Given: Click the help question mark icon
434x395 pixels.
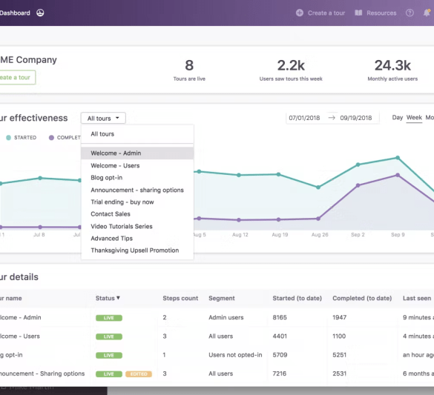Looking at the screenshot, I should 410,13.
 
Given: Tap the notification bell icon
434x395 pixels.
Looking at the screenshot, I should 427,13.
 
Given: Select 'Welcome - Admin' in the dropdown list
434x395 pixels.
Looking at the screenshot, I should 116,153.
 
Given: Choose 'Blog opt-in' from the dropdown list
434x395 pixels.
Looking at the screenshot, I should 107,178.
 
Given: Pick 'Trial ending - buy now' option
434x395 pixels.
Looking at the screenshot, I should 122,202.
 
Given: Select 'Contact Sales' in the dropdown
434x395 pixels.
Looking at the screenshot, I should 111,214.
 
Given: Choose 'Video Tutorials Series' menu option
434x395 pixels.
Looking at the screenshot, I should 122,226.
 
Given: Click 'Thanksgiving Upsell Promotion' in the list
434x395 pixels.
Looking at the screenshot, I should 135,250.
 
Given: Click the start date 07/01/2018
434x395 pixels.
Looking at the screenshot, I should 304,118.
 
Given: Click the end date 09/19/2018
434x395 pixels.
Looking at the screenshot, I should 355,118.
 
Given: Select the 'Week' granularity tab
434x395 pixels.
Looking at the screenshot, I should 414,118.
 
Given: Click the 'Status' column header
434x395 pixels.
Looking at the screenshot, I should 108,298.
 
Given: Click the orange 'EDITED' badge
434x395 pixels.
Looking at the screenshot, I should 139,374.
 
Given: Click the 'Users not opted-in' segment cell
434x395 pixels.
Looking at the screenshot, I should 235,355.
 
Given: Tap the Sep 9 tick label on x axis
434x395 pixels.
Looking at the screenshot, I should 397,235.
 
